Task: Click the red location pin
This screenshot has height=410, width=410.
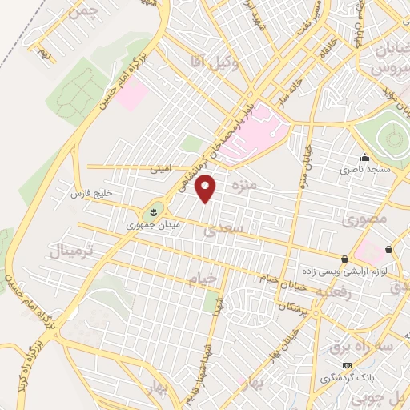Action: [x=206, y=189]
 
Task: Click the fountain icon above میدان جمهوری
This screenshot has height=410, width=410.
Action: [x=151, y=212]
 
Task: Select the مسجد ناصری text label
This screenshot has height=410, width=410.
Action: [x=364, y=170]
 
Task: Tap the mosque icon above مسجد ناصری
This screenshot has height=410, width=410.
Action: [x=365, y=158]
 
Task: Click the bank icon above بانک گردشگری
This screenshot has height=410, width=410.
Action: [x=347, y=365]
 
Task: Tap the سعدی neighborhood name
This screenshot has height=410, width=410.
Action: [x=220, y=231]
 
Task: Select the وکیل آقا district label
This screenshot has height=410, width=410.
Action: [x=208, y=58]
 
